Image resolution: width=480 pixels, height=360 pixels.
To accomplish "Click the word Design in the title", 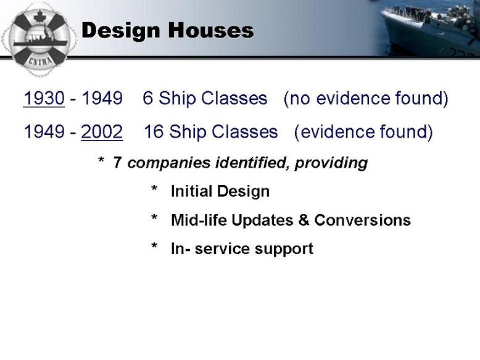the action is [x=120, y=31].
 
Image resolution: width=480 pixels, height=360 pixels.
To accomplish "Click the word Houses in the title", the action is [x=211, y=30].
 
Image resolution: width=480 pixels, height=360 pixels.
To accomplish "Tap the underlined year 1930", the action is [x=44, y=98].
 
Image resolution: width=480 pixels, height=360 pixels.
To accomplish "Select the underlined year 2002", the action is [x=102, y=131].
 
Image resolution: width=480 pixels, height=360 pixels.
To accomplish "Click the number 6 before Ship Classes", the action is [x=148, y=98].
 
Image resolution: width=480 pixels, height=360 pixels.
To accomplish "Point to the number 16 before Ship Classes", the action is [x=154, y=131].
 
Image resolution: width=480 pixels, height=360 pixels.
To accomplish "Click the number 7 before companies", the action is [x=117, y=162].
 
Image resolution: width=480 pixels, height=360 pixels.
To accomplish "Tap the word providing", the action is [x=331, y=163].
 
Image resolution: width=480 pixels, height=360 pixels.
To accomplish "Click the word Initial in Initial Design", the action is [x=191, y=191].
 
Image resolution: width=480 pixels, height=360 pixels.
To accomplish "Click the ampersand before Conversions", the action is [x=304, y=219].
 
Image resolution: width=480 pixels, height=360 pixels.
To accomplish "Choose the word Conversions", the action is [x=362, y=220].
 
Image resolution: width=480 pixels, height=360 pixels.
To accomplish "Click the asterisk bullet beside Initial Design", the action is [x=154, y=188].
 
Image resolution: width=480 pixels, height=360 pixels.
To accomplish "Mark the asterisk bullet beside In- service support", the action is [x=154, y=245].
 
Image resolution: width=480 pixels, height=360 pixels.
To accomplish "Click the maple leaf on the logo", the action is [x=39, y=17].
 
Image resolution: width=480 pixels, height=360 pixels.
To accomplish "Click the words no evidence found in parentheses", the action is [x=366, y=99].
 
